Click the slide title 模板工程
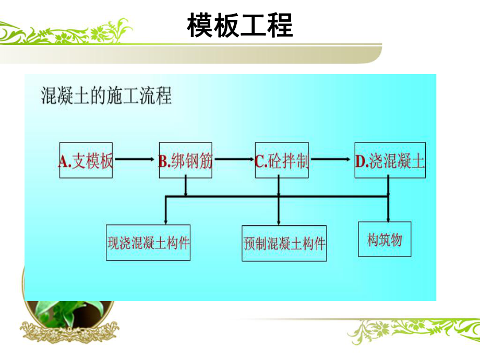[x=240, y=25]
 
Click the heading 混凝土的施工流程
[x=106, y=97]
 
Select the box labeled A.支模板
[x=86, y=160]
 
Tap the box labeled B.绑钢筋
[x=185, y=161]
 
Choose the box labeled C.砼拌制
[x=282, y=161]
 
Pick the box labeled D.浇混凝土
[x=390, y=161]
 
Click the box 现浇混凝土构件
[x=148, y=243]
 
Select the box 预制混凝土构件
[x=284, y=244]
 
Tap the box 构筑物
[x=385, y=239]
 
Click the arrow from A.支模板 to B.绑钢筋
[x=135, y=160]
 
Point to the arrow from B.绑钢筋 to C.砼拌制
[x=233, y=160]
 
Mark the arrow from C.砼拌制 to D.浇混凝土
[x=331, y=160]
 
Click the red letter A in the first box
[x=63, y=161]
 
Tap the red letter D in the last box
[x=361, y=161]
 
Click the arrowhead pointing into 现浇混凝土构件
[x=165, y=221]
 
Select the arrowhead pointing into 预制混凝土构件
[x=278, y=222]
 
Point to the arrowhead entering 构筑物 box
[x=388, y=218]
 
